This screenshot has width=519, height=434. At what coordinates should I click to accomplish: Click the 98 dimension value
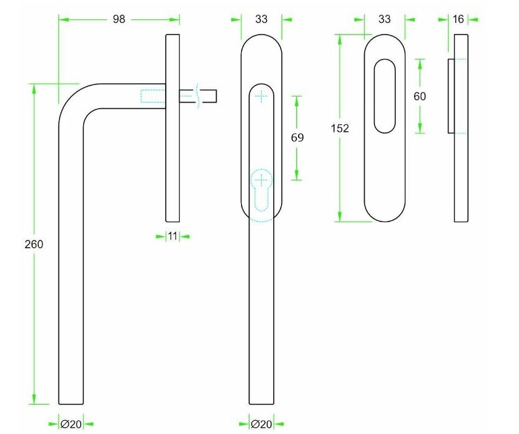(119, 19)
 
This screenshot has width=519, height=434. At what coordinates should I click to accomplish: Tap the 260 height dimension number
(34, 244)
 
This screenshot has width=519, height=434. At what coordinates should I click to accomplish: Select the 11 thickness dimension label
(172, 236)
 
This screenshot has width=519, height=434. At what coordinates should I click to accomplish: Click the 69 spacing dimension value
(297, 137)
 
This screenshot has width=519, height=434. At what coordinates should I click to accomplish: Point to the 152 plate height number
(340, 128)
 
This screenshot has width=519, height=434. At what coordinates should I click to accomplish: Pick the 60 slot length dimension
(419, 97)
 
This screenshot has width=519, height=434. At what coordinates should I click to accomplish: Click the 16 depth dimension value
(458, 19)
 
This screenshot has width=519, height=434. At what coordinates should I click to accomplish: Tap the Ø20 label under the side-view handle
(71, 424)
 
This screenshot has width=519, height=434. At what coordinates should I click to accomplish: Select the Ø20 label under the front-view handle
(262, 424)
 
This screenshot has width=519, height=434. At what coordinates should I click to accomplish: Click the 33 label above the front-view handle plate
(262, 19)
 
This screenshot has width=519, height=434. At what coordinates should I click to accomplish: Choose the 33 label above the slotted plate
(385, 19)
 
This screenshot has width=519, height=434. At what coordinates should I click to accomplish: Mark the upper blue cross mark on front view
(262, 96)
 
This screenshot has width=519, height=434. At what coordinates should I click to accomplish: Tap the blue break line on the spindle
(197, 96)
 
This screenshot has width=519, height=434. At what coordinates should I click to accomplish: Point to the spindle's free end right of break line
(216, 96)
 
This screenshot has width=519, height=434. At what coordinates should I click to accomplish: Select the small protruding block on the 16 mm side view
(452, 96)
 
